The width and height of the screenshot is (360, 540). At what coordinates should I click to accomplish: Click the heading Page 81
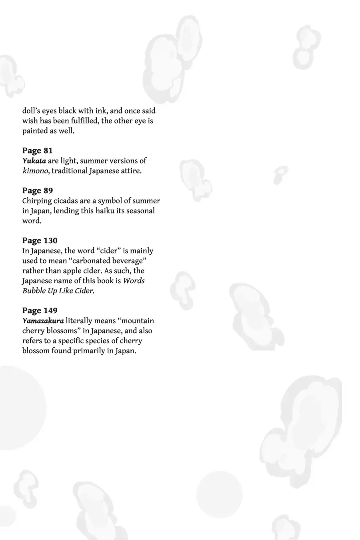pyautogui.click(x=37, y=150)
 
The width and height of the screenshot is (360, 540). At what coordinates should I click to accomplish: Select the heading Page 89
pyautogui.click(x=37, y=190)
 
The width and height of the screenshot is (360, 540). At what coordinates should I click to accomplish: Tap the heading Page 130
pyautogui.click(x=40, y=240)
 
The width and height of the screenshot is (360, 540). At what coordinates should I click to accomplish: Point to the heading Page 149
pyautogui.click(x=40, y=310)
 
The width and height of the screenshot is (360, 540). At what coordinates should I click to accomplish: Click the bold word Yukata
pyautogui.click(x=34, y=161)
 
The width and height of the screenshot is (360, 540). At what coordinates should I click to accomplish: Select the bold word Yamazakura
pyautogui.click(x=43, y=321)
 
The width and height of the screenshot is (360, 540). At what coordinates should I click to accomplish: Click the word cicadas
pyautogui.click(x=63, y=201)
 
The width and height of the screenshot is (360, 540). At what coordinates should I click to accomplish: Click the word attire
pyautogui.click(x=130, y=171)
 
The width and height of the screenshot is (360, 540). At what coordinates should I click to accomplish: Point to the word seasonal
pyautogui.click(x=140, y=211)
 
